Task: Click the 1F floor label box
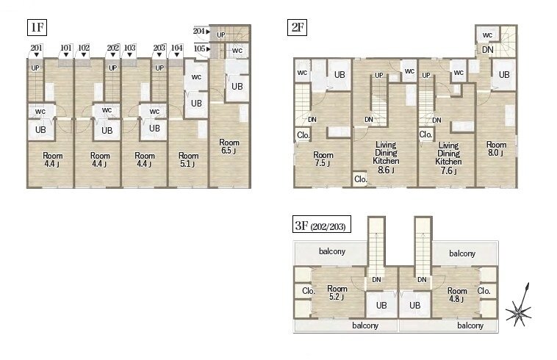click(37, 27)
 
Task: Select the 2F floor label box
click(297, 27)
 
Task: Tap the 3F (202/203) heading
click(321, 224)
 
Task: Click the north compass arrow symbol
click(520, 305)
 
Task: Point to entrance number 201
click(36, 48)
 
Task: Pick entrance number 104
click(177, 48)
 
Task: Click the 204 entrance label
click(199, 32)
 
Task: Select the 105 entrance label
click(200, 48)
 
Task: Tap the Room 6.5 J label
click(229, 146)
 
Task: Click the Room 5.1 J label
click(189, 159)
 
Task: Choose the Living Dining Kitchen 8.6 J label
click(386, 157)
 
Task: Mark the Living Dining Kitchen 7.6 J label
click(448, 158)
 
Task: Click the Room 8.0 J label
click(496, 148)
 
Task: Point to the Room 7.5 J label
click(323, 159)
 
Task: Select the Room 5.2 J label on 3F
click(337, 292)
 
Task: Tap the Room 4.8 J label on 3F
click(457, 295)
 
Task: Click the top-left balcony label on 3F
click(332, 251)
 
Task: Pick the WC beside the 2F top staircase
click(487, 35)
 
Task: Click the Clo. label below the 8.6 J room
click(361, 179)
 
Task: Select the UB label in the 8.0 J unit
click(504, 74)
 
